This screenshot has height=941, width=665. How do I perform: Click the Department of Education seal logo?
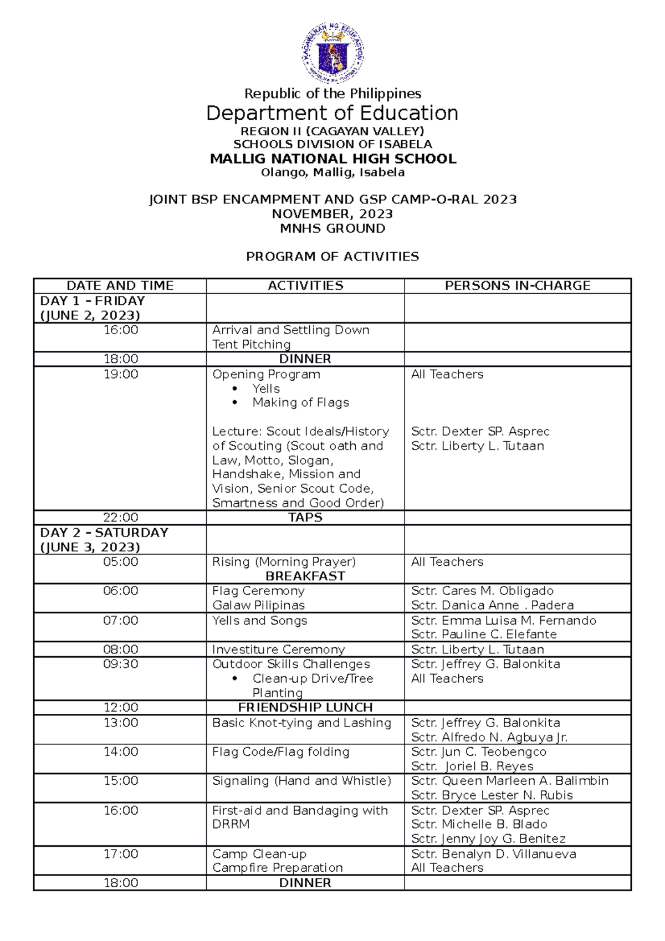pyautogui.click(x=332, y=54)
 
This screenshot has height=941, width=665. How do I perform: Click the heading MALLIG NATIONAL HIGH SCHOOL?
pyautogui.click(x=332, y=159)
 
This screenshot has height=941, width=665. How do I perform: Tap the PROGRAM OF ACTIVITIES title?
pyautogui.click(x=332, y=257)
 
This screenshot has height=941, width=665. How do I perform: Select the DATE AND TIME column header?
pyautogui.click(x=120, y=286)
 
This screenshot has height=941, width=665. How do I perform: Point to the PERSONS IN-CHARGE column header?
pyautogui.click(x=518, y=286)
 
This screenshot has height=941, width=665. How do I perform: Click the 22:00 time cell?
pyautogui.click(x=121, y=518)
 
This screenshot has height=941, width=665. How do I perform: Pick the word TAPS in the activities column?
pyautogui.click(x=305, y=518)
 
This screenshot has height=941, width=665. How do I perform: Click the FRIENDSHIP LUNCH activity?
pyautogui.click(x=305, y=708)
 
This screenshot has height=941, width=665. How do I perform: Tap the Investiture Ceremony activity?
pyautogui.click(x=278, y=650)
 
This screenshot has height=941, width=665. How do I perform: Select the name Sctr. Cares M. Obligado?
pyautogui.click(x=482, y=591)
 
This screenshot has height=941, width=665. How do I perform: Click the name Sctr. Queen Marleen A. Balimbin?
pyautogui.click(x=510, y=781)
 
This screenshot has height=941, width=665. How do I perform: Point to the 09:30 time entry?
pyautogui.click(x=121, y=664)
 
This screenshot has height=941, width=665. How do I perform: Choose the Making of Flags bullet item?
pyautogui.click(x=300, y=403)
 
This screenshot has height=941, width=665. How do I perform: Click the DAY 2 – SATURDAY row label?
pyautogui.click(x=104, y=533)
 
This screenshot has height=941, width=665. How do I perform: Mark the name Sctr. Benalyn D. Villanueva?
pyautogui.click(x=494, y=854)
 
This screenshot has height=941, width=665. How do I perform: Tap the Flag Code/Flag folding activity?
pyautogui.click(x=281, y=752)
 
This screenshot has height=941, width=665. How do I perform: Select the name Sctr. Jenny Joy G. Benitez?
pyautogui.click(x=488, y=839)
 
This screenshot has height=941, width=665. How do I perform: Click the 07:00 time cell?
pyautogui.click(x=121, y=621)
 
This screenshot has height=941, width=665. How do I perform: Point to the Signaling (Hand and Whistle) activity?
pyautogui.click(x=301, y=781)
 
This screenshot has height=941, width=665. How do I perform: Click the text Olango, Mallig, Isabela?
pyautogui.click(x=332, y=173)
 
